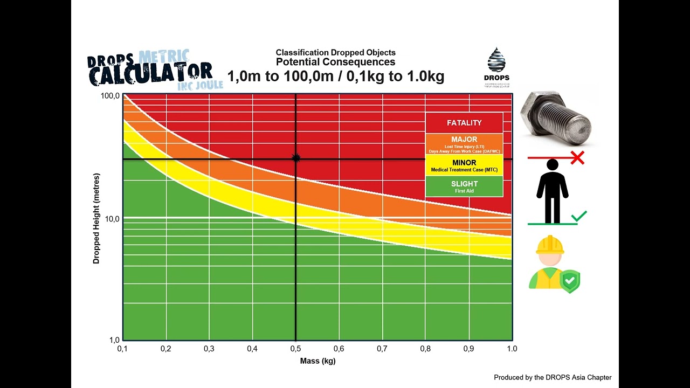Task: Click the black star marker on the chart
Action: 295,158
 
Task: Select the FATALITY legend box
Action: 464,123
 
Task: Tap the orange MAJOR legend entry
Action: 464,144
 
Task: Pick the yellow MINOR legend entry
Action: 464,165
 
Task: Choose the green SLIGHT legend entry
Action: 464,186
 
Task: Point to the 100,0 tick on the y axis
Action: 109,96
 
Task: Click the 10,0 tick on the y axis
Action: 111,219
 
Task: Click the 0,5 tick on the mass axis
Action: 295,349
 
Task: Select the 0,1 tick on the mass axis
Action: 123,349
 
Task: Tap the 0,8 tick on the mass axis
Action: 425,349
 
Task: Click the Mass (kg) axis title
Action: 318,361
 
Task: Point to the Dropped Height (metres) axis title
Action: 96,218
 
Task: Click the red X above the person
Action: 577,158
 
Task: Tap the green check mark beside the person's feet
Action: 579,217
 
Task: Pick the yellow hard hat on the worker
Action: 550,245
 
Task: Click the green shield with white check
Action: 569,281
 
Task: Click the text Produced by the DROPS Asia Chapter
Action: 553,378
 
